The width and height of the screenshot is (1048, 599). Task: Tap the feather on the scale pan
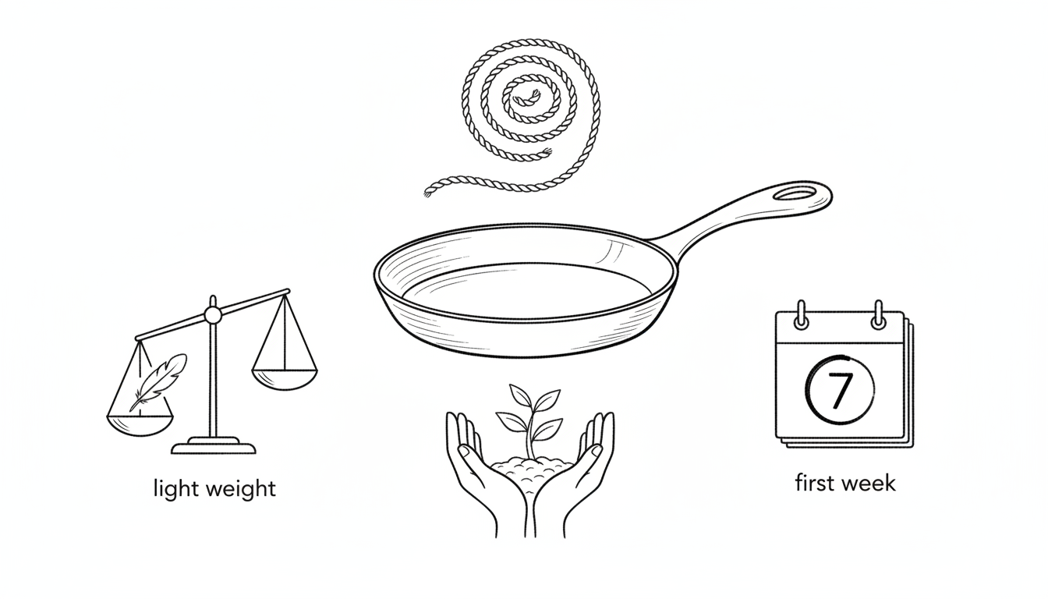click(158, 382)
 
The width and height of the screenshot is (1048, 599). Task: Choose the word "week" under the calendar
click(869, 483)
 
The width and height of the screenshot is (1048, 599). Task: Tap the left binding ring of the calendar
click(801, 315)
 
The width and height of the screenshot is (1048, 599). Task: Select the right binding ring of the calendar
click(879, 315)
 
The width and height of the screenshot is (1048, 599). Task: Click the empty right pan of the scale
click(285, 379)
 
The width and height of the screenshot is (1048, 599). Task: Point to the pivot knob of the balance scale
click(213, 316)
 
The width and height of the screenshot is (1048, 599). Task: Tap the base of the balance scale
click(214, 446)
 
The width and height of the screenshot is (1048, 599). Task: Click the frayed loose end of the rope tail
click(427, 191)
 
